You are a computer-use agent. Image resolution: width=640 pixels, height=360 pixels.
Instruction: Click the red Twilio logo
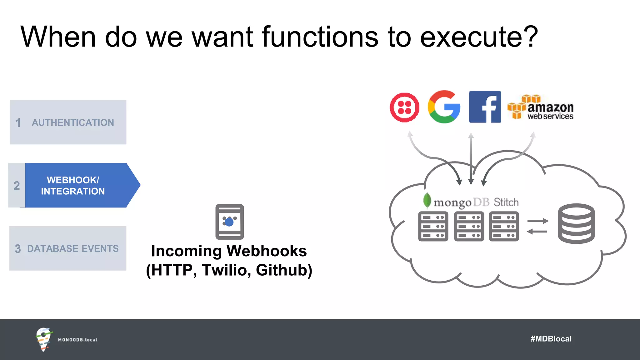405,107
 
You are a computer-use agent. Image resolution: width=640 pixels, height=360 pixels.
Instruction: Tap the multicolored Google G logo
444,107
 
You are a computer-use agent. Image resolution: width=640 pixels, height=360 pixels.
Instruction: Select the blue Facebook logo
485,107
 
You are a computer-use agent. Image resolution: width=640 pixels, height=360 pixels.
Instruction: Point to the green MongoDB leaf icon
427,200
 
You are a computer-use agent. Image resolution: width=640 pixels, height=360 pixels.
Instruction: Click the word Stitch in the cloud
506,202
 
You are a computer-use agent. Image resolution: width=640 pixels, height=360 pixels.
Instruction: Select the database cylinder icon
576,223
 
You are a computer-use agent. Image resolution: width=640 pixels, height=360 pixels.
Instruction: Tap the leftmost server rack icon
433,226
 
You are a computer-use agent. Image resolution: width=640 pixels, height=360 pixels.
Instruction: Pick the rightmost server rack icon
504,226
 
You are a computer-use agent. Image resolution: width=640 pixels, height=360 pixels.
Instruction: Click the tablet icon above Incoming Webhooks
230,222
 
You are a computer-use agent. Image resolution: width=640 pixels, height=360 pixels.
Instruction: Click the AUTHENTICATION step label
73,122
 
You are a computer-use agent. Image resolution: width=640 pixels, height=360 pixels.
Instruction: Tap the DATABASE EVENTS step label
73,248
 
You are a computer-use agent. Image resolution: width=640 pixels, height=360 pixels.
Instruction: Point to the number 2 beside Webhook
17,186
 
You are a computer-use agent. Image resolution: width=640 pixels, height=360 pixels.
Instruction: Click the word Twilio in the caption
225,270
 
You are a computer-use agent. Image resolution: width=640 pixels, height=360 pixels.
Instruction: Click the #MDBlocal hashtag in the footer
551,339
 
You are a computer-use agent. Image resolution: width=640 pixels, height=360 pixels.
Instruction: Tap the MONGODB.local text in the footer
77,340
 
